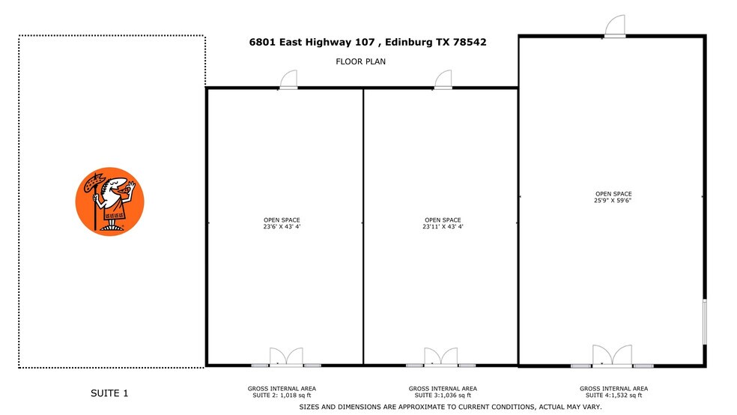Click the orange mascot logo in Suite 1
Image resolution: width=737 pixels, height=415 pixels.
(x=110, y=201)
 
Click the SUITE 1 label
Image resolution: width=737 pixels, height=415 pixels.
(x=110, y=393)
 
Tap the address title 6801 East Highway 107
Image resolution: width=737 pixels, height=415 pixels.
(x=368, y=43)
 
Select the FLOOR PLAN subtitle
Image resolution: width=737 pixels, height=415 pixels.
(x=360, y=61)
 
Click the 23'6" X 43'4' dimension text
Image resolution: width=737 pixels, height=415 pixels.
(x=282, y=226)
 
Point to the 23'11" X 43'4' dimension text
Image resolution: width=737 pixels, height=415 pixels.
(x=442, y=226)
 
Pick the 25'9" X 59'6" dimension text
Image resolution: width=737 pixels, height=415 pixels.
(x=613, y=200)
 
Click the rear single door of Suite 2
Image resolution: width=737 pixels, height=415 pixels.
(x=288, y=80)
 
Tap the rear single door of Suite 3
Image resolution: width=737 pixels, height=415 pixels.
(x=443, y=80)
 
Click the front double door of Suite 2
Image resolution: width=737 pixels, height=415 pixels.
(x=286, y=357)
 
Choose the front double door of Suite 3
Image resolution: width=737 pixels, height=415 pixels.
(x=440, y=357)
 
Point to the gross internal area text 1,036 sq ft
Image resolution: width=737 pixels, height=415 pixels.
(x=442, y=395)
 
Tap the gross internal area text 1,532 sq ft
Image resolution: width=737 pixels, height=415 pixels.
(x=613, y=395)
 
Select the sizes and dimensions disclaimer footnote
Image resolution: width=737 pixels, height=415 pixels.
(x=450, y=407)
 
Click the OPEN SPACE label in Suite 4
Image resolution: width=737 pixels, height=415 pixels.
(x=613, y=193)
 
